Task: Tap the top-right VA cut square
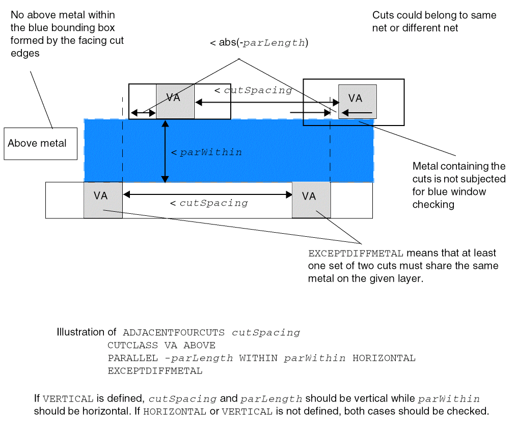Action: tap(358, 101)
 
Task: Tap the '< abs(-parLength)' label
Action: tap(259, 43)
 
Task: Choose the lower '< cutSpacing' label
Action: tap(209, 203)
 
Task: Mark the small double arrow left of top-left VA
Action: tap(143, 112)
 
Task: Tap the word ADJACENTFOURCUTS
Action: tap(174, 333)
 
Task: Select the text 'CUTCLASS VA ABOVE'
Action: tap(161, 345)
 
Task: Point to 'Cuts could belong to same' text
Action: tap(434, 15)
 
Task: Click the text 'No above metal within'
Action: tap(63, 15)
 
